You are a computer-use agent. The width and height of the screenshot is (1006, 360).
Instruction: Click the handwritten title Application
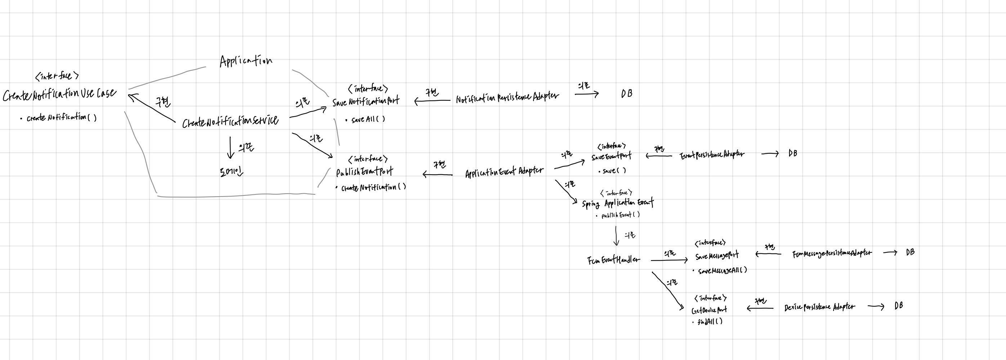point(246,61)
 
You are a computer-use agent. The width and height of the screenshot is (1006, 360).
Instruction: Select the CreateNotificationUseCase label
point(59,94)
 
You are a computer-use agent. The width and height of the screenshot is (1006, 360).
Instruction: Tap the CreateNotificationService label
point(231,121)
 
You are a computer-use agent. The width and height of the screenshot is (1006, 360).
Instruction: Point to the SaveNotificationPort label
point(366,102)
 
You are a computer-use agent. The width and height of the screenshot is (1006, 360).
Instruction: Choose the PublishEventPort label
point(365,172)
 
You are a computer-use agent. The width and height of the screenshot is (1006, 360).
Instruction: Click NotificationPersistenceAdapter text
point(507,97)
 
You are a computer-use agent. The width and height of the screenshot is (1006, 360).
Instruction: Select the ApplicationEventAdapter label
point(504,172)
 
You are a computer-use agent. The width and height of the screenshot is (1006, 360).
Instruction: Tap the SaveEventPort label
point(611,157)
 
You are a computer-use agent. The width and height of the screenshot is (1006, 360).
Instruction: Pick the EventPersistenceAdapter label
point(712,155)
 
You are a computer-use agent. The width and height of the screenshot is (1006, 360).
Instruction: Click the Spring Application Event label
point(617,203)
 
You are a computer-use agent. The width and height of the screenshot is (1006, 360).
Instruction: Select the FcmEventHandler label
point(613,260)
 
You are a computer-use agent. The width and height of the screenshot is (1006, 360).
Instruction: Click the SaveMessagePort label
point(717,256)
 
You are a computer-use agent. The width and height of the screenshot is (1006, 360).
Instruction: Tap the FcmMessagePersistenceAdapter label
point(831,253)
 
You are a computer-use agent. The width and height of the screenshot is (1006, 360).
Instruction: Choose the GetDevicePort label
point(709,310)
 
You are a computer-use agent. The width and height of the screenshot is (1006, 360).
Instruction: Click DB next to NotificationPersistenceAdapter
point(626,93)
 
